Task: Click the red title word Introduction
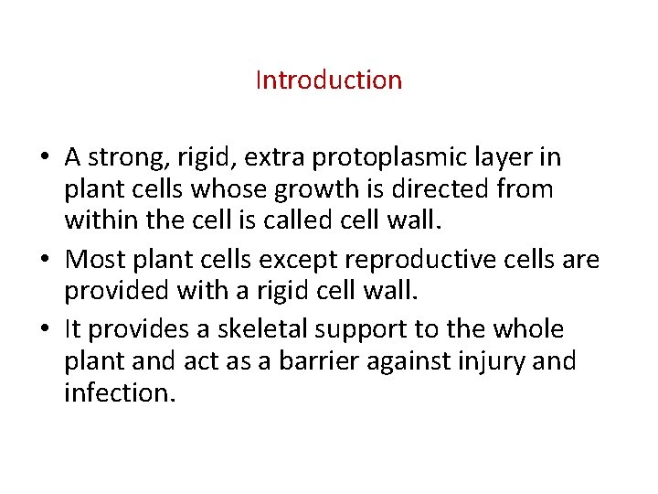pyautogui.click(x=328, y=81)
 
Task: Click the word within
pyautogui.click(x=97, y=220)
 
